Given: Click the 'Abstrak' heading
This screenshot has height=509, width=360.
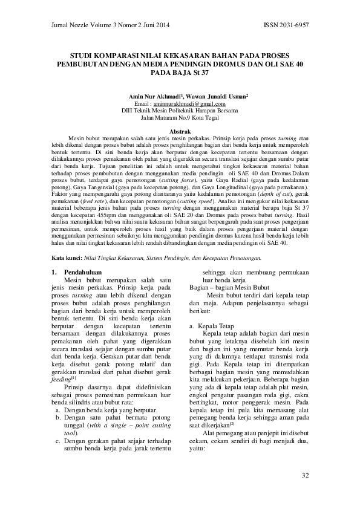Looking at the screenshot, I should (180, 131).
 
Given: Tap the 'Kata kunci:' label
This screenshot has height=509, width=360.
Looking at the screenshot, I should (64, 258).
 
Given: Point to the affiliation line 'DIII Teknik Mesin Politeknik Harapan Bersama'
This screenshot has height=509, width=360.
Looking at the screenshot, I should (180, 111).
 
